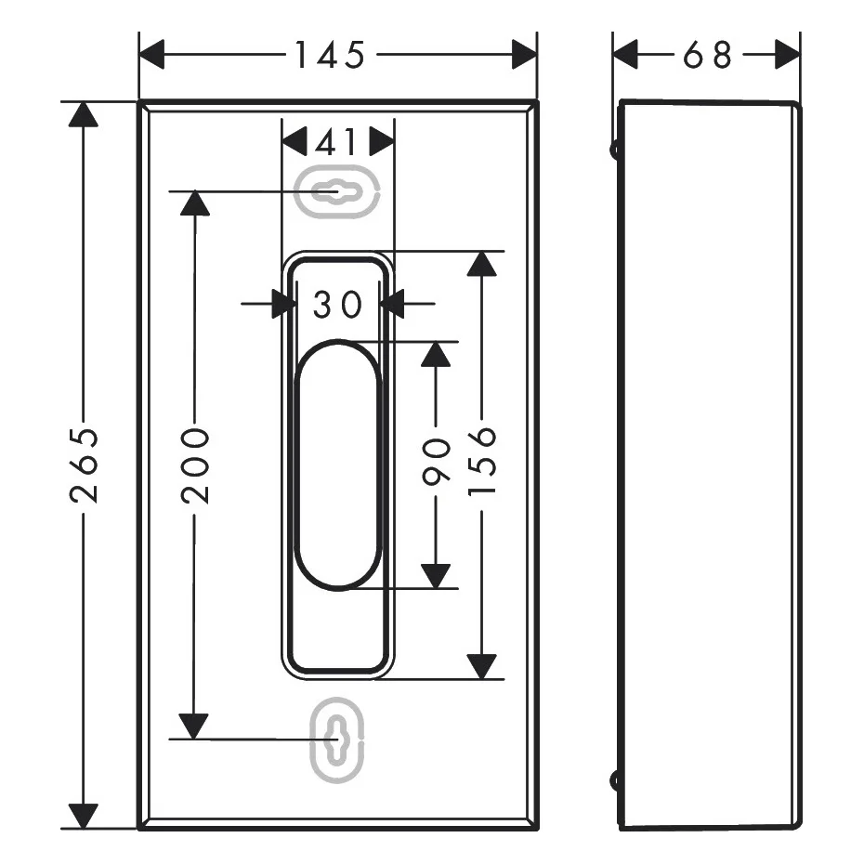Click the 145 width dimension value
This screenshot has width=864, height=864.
click(x=330, y=55)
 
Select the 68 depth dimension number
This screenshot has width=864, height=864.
click(x=708, y=55)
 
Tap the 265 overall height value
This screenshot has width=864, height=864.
click(x=85, y=465)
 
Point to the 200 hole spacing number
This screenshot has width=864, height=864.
click(x=195, y=465)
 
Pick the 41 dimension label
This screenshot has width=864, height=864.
click(x=336, y=142)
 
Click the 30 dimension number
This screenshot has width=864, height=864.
click(x=338, y=304)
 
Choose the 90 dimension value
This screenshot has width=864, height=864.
click(x=436, y=462)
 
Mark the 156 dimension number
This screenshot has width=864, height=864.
click(x=482, y=461)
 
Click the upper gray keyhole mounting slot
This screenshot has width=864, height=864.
click(x=337, y=191)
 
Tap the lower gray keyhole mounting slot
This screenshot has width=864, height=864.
click(x=336, y=740)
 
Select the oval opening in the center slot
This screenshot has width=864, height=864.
click(x=337, y=465)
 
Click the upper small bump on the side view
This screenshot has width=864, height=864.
click(x=614, y=150)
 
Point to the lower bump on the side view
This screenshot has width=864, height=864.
click(x=614, y=780)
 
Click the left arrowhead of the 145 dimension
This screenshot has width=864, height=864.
click(x=151, y=55)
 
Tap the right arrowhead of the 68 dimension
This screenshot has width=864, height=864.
click(x=788, y=55)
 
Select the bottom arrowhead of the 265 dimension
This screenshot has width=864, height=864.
click(x=84, y=816)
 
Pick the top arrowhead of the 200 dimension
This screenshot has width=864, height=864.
click(x=195, y=203)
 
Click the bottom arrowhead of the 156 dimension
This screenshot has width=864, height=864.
click(x=482, y=667)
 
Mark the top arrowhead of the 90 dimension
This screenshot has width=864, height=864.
click(x=436, y=354)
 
